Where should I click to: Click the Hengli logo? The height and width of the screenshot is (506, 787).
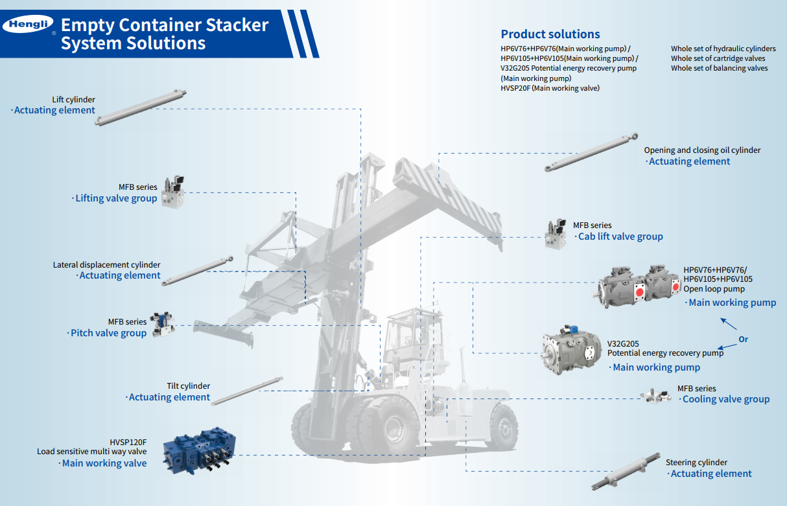pos(28,24)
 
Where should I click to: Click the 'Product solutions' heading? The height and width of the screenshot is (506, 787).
pos(550,34)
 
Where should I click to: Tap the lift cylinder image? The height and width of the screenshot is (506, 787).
pos(140,108)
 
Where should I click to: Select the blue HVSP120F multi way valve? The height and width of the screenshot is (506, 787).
pos(199,450)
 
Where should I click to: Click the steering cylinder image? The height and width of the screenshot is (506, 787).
pos(626,472)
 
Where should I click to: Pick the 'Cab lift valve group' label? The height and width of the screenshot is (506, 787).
pos(620,236)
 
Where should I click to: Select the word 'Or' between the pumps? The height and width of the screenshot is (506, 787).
pos(743,339)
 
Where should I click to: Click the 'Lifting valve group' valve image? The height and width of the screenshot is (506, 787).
pos(173,192)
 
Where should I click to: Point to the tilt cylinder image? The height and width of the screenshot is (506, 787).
pos(247,391)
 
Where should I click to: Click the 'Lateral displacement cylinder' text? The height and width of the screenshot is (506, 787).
pos(106,265)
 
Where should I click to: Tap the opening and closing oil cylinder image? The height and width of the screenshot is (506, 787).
pos(591,152)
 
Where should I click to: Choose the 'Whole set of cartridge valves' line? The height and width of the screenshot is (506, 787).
pos(718,58)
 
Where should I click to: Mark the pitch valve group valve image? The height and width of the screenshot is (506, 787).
pos(163,325)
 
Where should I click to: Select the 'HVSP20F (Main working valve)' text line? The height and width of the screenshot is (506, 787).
pos(550,88)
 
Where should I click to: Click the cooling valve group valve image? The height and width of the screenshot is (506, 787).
pos(655,397)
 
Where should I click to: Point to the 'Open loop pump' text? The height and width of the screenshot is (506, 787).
pos(714,289)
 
